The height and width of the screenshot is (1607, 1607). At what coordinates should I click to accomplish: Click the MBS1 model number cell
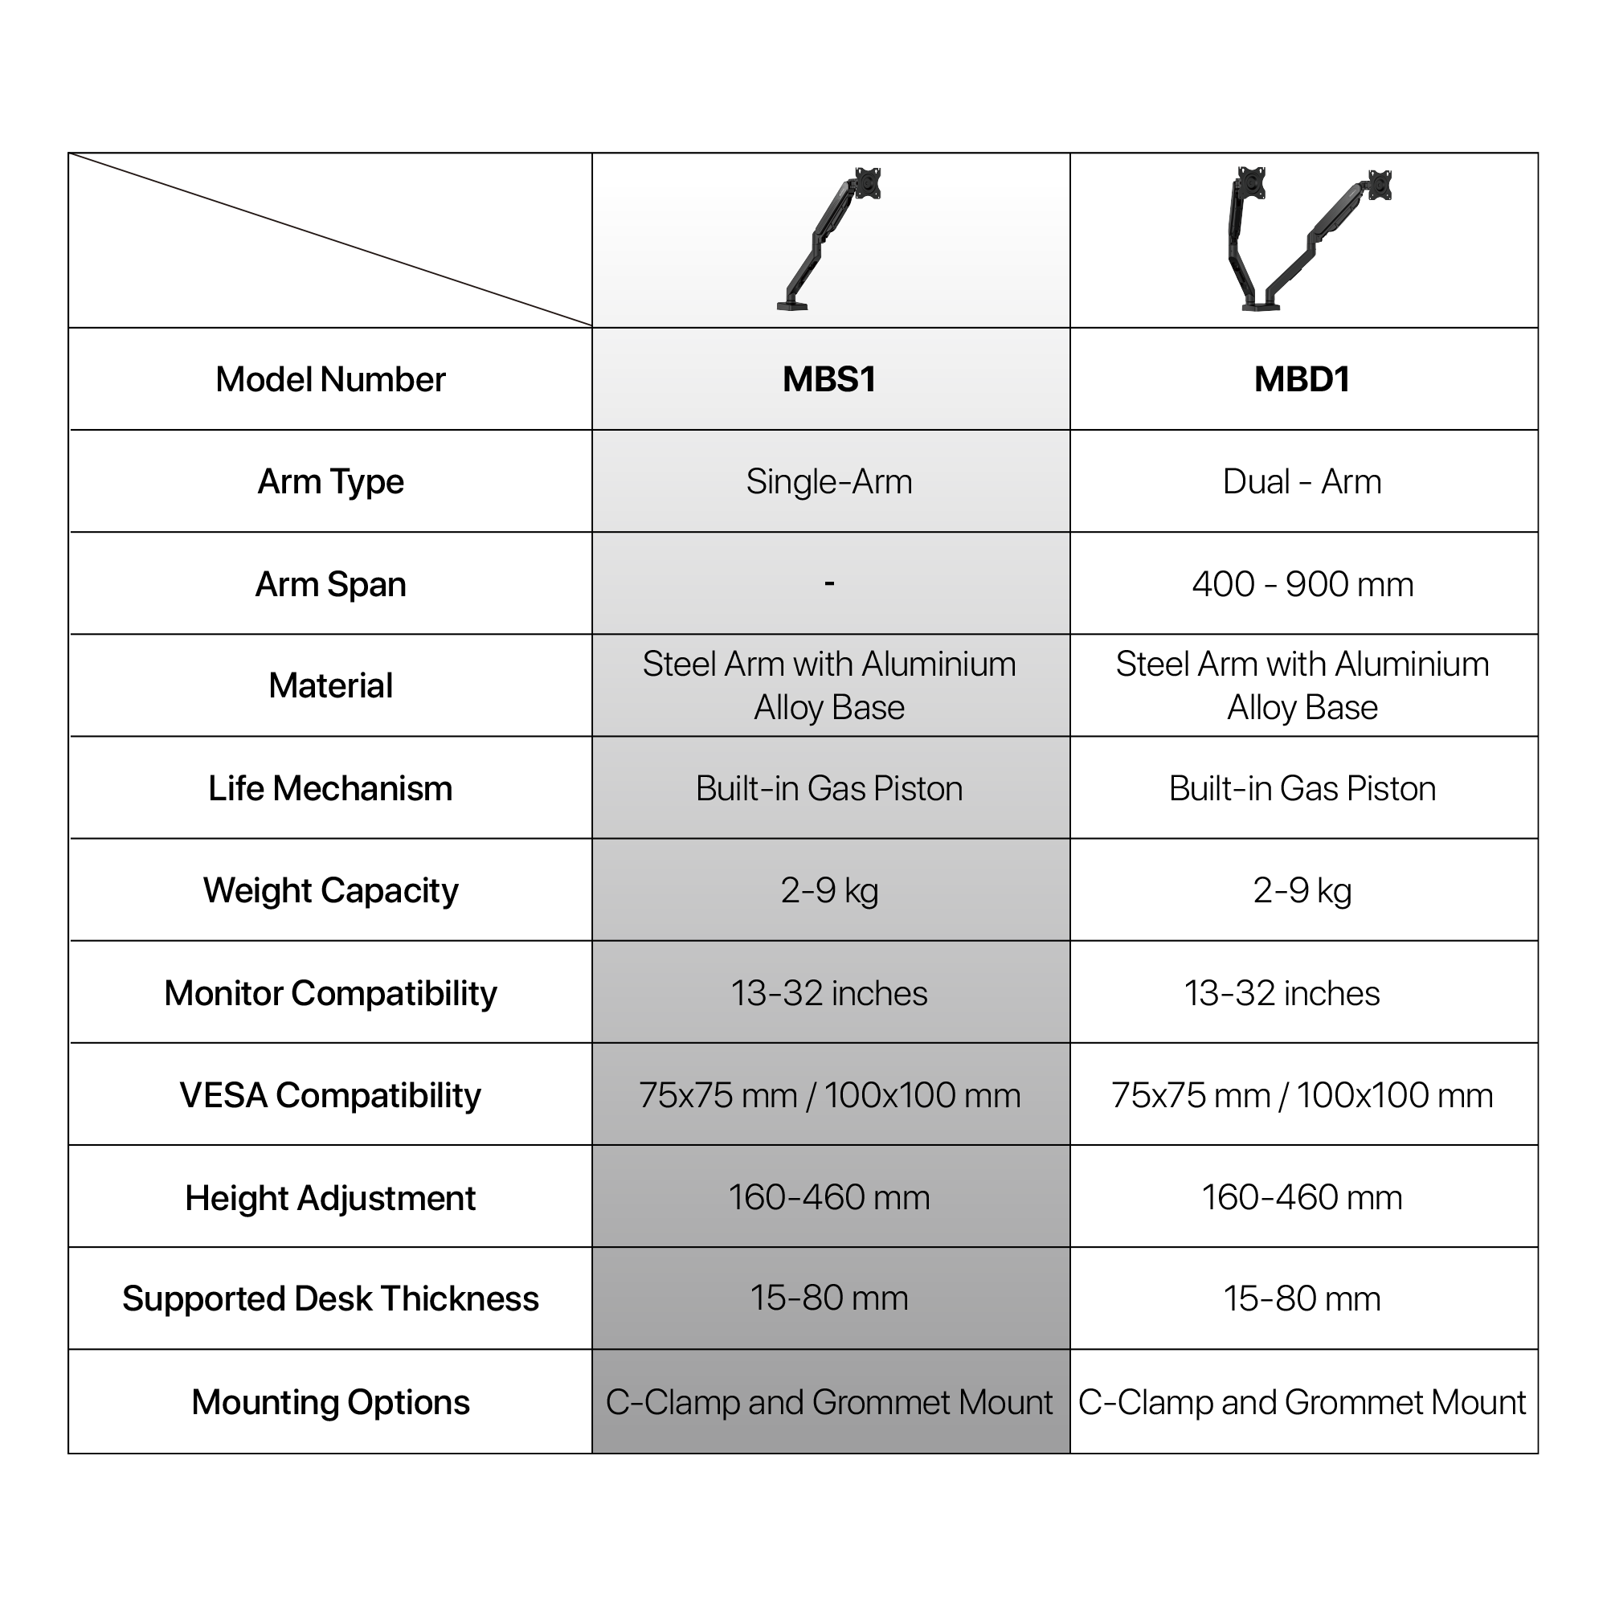tap(829, 379)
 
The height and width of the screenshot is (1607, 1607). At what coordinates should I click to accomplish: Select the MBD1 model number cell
tap(1302, 379)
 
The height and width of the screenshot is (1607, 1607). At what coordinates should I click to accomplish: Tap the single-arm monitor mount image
tap(830, 239)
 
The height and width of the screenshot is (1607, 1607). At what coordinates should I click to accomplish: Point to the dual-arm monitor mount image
tap(1303, 239)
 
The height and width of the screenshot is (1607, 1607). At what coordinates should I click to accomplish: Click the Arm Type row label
tap(330, 481)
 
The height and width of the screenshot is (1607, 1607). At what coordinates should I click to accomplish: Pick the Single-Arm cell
tap(829, 481)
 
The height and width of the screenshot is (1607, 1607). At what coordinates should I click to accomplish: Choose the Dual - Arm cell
tap(1302, 481)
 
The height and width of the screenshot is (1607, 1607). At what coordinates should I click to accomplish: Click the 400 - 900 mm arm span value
tap(1302, 584)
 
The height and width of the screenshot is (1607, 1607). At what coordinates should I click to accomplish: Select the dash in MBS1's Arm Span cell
tap(829, 583)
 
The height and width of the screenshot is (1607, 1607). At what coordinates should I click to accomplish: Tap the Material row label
tap(330, 685)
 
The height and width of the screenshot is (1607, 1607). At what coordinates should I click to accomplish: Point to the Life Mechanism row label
tap(330, 787)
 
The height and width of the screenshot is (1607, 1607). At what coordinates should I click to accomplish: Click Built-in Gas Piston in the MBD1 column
tap(1302, 787)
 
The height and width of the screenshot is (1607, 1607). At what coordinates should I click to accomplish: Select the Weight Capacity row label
tap(330, 890)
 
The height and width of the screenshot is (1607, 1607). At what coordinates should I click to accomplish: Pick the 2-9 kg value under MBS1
tap(829, 890)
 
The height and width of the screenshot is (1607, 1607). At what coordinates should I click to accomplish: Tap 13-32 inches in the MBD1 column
tap(1282, 992)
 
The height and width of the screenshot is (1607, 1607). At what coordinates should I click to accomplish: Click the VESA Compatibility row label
tap(330, 1094)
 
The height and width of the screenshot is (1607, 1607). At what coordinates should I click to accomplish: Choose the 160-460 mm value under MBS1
tap(829, 1197)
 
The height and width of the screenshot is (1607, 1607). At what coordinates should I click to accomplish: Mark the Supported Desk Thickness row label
tap(330, 1298)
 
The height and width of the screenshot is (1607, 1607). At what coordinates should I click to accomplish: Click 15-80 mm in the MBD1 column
tap(1302, 1298)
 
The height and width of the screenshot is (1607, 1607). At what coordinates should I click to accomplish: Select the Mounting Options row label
tap(330, 1401)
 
